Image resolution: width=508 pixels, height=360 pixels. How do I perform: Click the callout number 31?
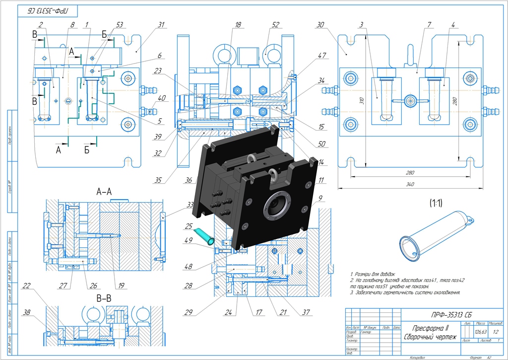point(161,24)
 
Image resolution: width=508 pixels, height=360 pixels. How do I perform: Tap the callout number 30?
point(320,24)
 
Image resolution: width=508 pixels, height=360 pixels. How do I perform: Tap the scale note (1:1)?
point(441,202)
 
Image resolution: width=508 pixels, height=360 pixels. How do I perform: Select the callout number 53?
point(119,24)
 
